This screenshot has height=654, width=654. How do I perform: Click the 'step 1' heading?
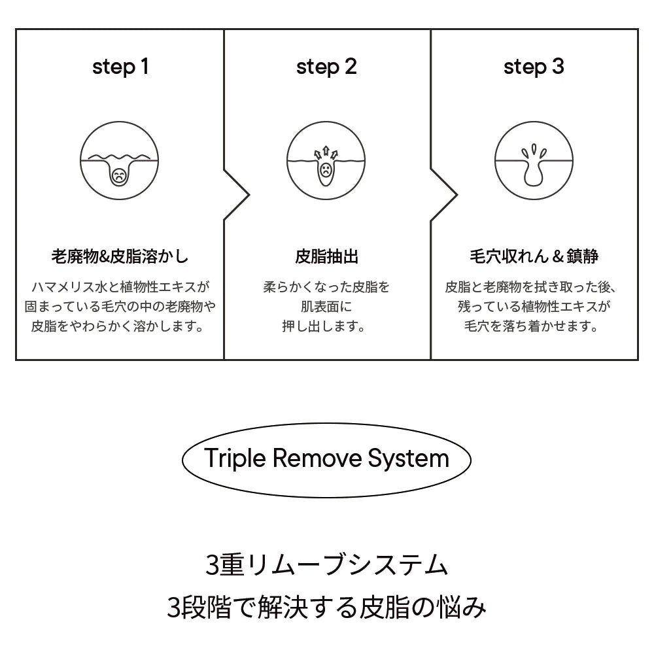click(120, 67)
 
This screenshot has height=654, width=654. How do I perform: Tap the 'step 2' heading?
click(326, 67)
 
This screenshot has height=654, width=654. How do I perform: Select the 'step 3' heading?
click(534, 67)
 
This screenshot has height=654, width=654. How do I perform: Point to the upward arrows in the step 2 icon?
click(326, 153)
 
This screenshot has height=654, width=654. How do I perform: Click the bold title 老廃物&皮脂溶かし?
click(120, 256)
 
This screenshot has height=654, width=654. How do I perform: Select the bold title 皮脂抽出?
click(326, 256)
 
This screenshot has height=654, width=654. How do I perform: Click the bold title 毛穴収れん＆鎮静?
click(534, 256)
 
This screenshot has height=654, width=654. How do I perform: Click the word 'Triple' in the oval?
click(235, 459)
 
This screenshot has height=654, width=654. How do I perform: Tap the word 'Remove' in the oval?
click(317, 458)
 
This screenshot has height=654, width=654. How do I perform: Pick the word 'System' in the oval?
click(408, 459)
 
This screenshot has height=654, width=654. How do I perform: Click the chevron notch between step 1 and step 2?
click(249, 194)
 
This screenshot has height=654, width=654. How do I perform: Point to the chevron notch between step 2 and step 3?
click(456, 194)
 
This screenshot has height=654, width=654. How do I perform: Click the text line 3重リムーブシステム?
click(326, 565)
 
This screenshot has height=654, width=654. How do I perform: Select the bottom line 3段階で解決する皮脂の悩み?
click(326, 607)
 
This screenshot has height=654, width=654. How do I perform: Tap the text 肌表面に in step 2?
click(326, 307)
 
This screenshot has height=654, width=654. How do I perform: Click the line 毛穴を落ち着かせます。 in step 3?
click(532, 326)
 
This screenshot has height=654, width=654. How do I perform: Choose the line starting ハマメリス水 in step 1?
click(120, 287)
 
